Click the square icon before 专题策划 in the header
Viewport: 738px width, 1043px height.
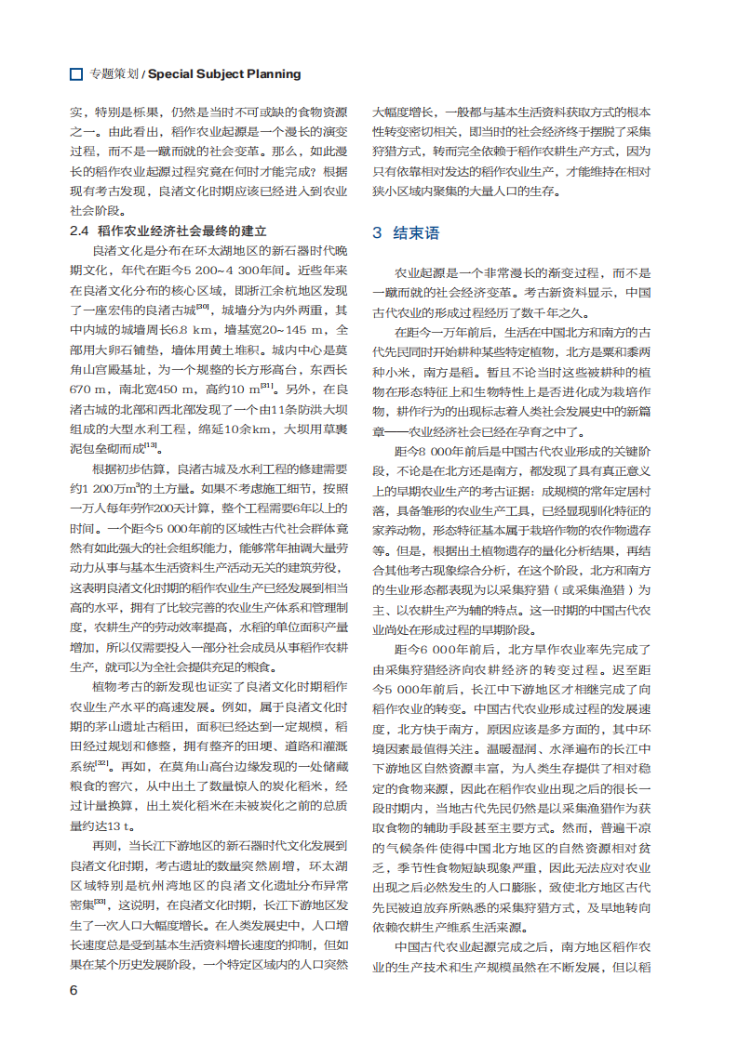tap(78, 73)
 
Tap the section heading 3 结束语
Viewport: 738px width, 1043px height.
tap(406, 232)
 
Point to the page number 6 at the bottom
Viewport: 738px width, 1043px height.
tap(74, 989)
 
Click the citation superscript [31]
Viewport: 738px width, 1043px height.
tap(267, 385)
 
